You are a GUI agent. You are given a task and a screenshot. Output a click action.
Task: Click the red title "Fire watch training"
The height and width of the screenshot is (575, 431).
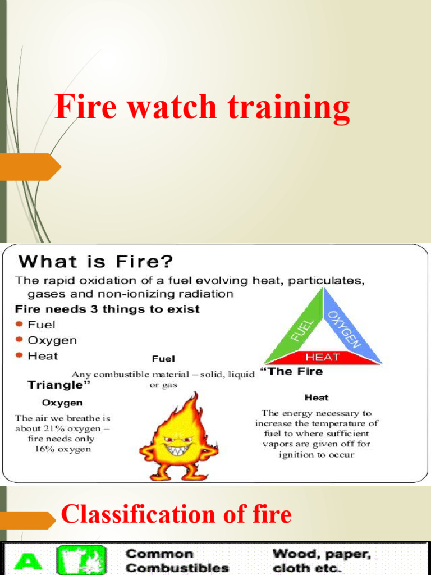coord(203,108)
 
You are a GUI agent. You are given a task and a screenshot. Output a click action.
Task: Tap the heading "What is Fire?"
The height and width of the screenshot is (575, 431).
coord(96,262)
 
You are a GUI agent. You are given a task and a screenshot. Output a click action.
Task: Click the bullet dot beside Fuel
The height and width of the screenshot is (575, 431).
coord(20,325)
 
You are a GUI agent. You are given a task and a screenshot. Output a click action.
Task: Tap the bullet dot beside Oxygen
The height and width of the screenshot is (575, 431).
coord(20,340)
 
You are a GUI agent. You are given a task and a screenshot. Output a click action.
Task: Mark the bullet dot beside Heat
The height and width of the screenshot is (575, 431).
coord(20,355)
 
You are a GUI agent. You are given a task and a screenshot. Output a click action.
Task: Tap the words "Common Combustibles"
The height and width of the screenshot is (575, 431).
coord(177,561)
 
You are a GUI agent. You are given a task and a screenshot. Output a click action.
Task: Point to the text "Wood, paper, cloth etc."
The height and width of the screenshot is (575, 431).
coord(321,560)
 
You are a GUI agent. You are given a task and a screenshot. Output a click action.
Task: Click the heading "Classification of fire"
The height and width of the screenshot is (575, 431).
coord(176,514)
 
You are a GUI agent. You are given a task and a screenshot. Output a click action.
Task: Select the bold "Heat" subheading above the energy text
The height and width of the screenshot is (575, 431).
coord(316,398)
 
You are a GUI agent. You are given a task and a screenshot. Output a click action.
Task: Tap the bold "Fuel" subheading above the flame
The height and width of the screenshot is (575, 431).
coord(163,358)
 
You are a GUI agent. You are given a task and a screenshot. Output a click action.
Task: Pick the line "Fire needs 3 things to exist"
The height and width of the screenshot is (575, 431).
coord(107,309)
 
